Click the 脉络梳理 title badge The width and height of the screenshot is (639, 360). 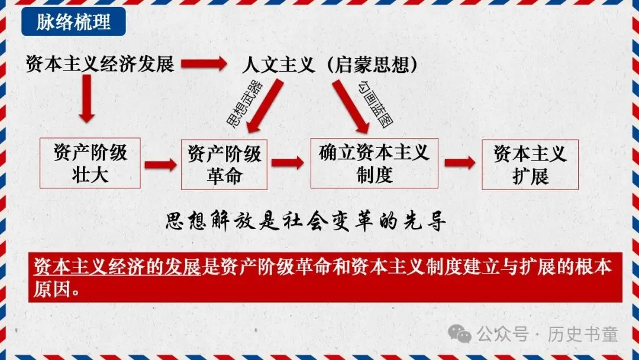click(73, 22)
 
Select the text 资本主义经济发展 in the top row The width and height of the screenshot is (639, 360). click(100, 63)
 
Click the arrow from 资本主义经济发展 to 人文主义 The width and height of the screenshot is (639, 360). click(204, 63)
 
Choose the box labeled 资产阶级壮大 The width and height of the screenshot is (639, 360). click(90, 163)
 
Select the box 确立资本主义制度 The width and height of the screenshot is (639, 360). click(374, 163)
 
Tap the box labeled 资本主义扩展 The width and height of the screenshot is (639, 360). click(530, 165)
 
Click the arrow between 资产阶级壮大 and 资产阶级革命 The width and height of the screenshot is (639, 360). click(160, 164)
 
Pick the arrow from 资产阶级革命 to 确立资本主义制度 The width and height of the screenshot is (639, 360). click(288, 163)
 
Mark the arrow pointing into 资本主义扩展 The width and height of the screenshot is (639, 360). click(460, 163)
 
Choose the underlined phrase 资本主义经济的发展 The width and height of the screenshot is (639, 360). click(118, 267)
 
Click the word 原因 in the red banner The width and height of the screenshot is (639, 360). click(49, 290)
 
